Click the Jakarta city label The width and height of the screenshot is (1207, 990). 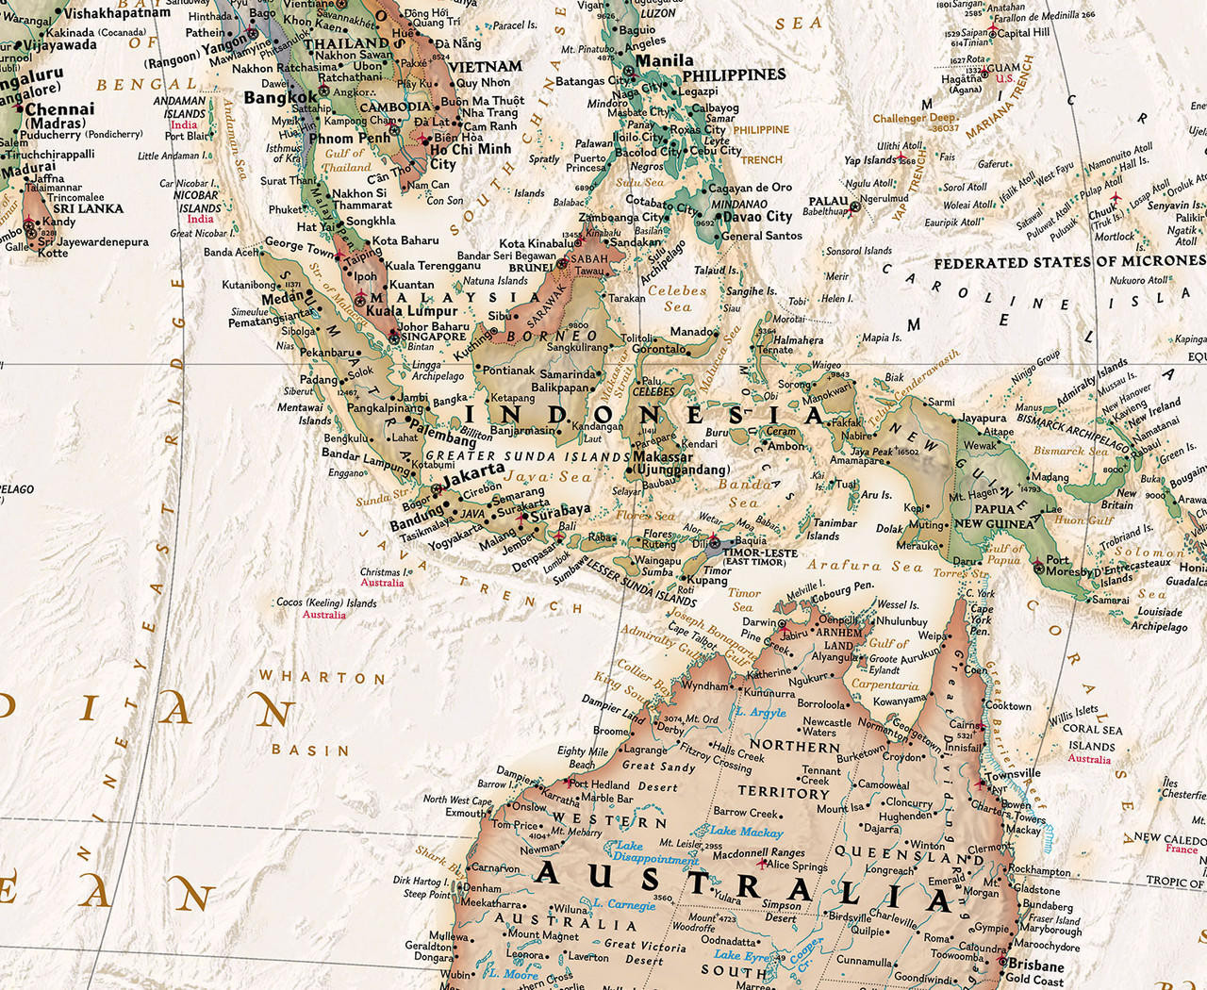(473, 470)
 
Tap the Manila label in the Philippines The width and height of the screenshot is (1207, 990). (665, 60)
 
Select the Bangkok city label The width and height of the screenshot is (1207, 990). (280, 97)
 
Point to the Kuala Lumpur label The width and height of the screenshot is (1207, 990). (412, 311)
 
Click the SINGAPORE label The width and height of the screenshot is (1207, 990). (434, 337)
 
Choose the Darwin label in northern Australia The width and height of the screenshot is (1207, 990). (759, 622)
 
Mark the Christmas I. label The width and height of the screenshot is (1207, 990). (384, 572)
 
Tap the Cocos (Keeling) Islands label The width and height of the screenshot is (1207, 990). (326, 602)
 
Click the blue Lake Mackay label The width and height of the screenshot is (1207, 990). (746, 832)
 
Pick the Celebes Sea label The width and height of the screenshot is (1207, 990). (677, 298)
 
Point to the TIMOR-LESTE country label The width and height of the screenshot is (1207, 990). (760, 553)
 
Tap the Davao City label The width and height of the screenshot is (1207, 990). (757, 217)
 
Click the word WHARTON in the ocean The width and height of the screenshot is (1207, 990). (322, 677)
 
